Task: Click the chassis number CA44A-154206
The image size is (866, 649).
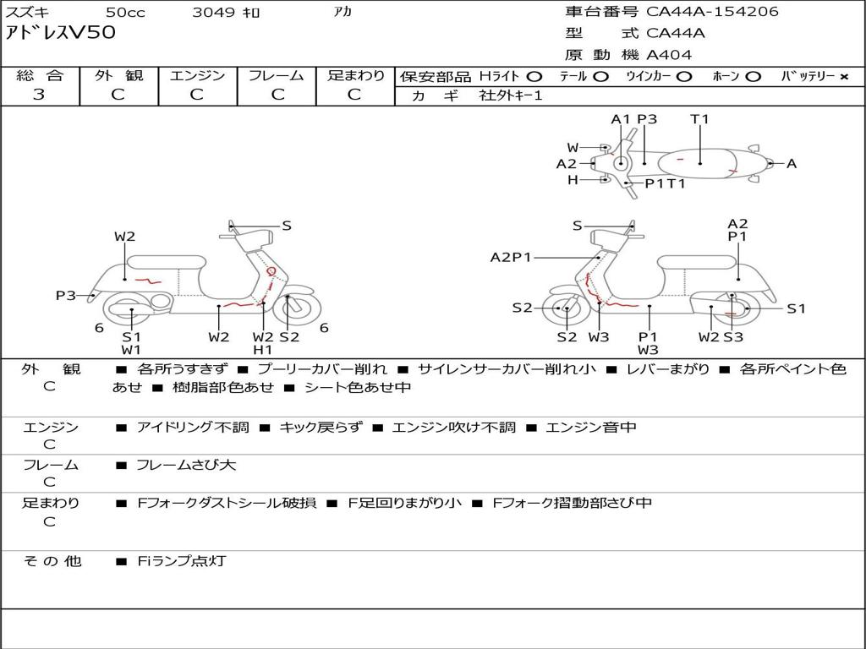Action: click(x=712, y=12)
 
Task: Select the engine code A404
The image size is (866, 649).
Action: click(x=669, y=55)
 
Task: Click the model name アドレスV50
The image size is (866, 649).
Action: click(x=60, y=33)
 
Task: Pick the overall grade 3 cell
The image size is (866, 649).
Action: click(x=39, y=95)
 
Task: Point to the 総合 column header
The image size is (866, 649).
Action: click(x=40, y=75)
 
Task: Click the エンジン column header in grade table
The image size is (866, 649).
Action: click(x=197, y=75)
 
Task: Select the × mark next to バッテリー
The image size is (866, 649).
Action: click(x=843, y=76)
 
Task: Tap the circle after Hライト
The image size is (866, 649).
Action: click(x=534, y=76)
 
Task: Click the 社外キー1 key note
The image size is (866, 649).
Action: click(x=511, y=95)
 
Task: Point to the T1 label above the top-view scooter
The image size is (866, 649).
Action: click(x=699, y=119)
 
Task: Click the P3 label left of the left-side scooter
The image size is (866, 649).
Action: click(x=66, y=296)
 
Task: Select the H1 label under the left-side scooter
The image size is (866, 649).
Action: click(x=263, y=350)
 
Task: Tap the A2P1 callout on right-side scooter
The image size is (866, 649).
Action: click(x=511, y=257)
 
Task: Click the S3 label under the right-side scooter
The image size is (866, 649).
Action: click(x=733, y=337)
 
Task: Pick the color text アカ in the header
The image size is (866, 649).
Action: click(x=343, y=13)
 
